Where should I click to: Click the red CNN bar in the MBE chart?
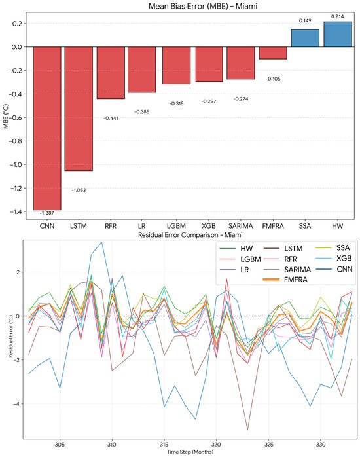47,128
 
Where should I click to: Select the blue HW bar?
338,34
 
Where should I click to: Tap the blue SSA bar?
305,38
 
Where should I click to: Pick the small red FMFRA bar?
273,53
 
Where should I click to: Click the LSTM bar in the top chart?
79,109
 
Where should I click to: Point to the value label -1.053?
79,190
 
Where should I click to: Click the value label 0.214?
337,16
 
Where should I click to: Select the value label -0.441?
111,118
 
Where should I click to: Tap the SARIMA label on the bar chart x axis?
241,226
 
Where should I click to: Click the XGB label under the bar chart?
209,226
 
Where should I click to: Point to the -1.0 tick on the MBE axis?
16,165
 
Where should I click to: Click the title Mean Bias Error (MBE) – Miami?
203,6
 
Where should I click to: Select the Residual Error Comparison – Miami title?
190,234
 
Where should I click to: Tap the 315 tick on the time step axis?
164,445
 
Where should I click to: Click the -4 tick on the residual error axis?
17,404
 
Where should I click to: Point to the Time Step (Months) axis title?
190,452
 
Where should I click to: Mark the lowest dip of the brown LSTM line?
247,430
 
